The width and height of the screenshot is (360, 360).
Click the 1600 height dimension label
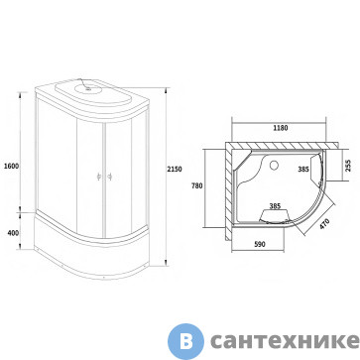(x=11, y=166)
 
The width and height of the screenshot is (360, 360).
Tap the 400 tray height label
(x=13, y=233)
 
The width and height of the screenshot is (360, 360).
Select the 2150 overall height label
(x=175, y=169)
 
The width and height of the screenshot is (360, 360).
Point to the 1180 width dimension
(x=281, y=128)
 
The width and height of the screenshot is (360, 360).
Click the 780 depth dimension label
(x=196, y=185)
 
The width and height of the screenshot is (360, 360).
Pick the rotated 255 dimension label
(x=348, y=166)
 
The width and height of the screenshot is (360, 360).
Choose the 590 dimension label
(x=260, y=244)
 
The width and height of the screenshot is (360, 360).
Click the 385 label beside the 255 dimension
(x=303, y=170)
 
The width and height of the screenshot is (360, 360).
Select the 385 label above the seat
(x=275, y=206)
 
